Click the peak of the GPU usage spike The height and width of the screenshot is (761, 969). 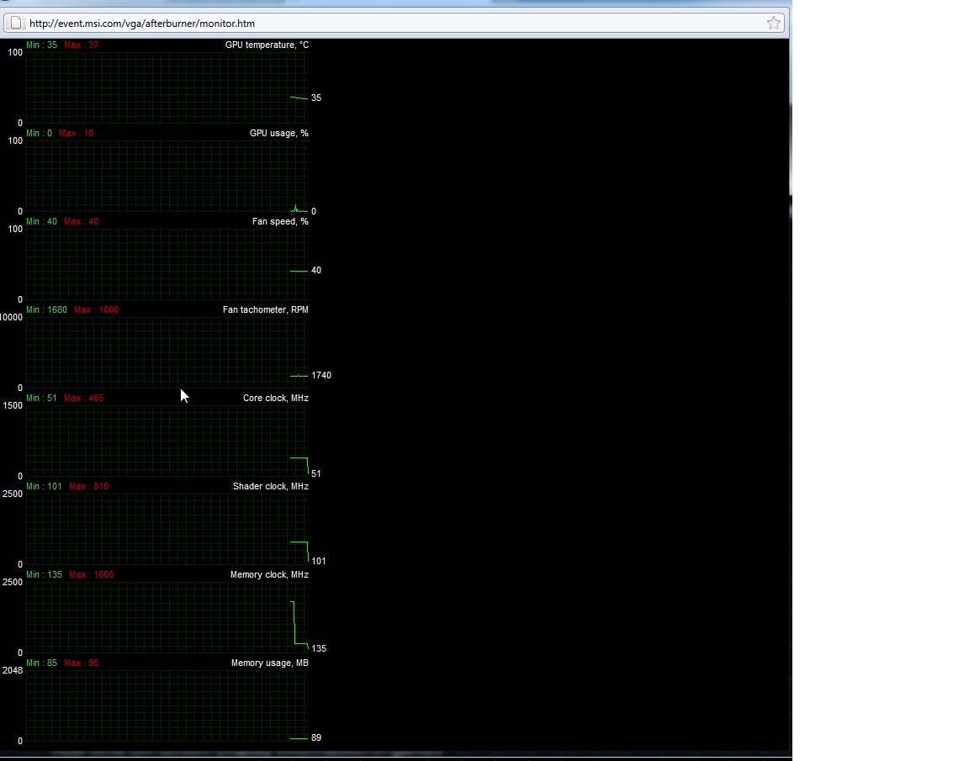[x=295, y=204]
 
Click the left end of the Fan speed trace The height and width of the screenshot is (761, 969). [x=290, y=271]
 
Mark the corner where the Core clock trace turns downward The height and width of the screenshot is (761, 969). [x=307, y=457]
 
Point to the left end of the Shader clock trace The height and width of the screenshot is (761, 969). [x=290, y=542]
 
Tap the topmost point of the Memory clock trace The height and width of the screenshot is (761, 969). [x=292, y=601]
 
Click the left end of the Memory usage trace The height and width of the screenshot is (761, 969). [x=290, y=738]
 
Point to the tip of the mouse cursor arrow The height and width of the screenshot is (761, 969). [x=181, y=388]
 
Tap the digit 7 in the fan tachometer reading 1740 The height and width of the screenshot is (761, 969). [x=317, y=375]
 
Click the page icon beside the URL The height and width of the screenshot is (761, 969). [x=16, y=23]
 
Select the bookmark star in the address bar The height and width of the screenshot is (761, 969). [x=774, y=23]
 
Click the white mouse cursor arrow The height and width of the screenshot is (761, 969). [x=184, y=396]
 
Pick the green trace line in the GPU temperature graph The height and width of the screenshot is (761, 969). [x=299, y=98]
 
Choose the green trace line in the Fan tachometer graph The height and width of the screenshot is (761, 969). [x=299, y=376]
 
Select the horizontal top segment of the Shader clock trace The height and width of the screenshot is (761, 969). [x=299, y=542]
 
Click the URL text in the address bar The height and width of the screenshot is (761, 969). [x=142, y=24]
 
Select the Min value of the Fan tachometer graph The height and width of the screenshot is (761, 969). [x=46, y=309]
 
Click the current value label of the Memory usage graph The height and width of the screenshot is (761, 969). [x=316, y=737]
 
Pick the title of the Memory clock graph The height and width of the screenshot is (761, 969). [x=269, y=574]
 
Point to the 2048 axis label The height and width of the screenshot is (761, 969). [x=13, y=670]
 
